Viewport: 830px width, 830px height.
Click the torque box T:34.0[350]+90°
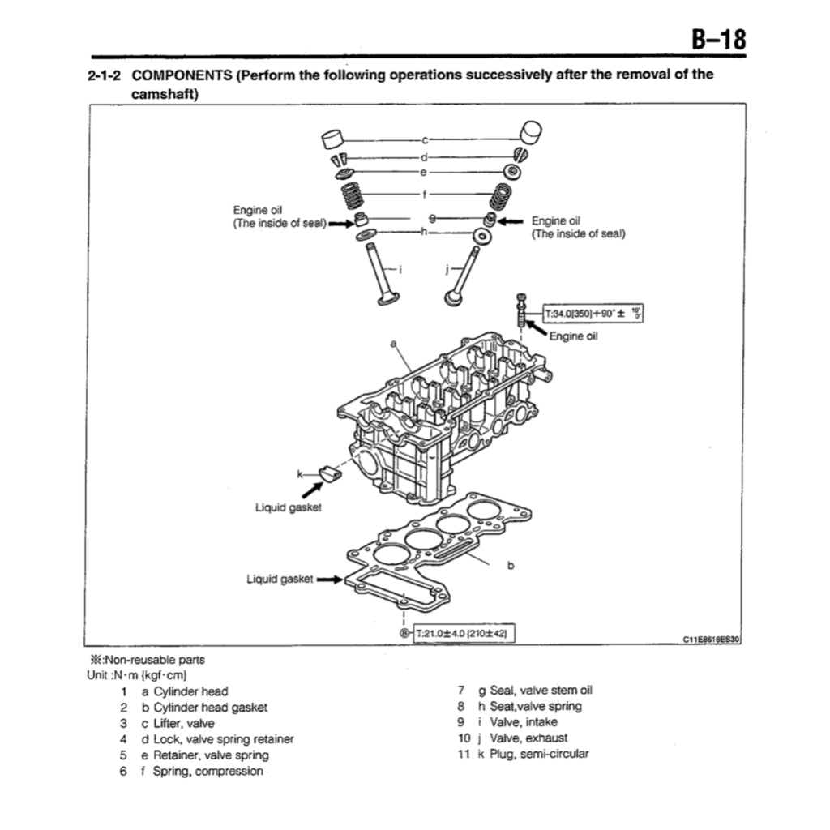click(x=592, y=313)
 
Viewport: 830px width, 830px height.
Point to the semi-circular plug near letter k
click(x=329, y=473)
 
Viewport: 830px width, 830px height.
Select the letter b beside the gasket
click(x=511, y=565)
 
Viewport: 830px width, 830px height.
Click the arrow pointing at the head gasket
click(x=329, y=580)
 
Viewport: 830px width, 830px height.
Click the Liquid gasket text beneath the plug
click(x=289, y=507)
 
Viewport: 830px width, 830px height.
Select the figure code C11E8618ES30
click(x=712, y=640)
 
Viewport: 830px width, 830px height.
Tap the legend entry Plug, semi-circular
click(x=539, y=754)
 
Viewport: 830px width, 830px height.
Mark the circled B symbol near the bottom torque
click(x=405, y=633)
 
